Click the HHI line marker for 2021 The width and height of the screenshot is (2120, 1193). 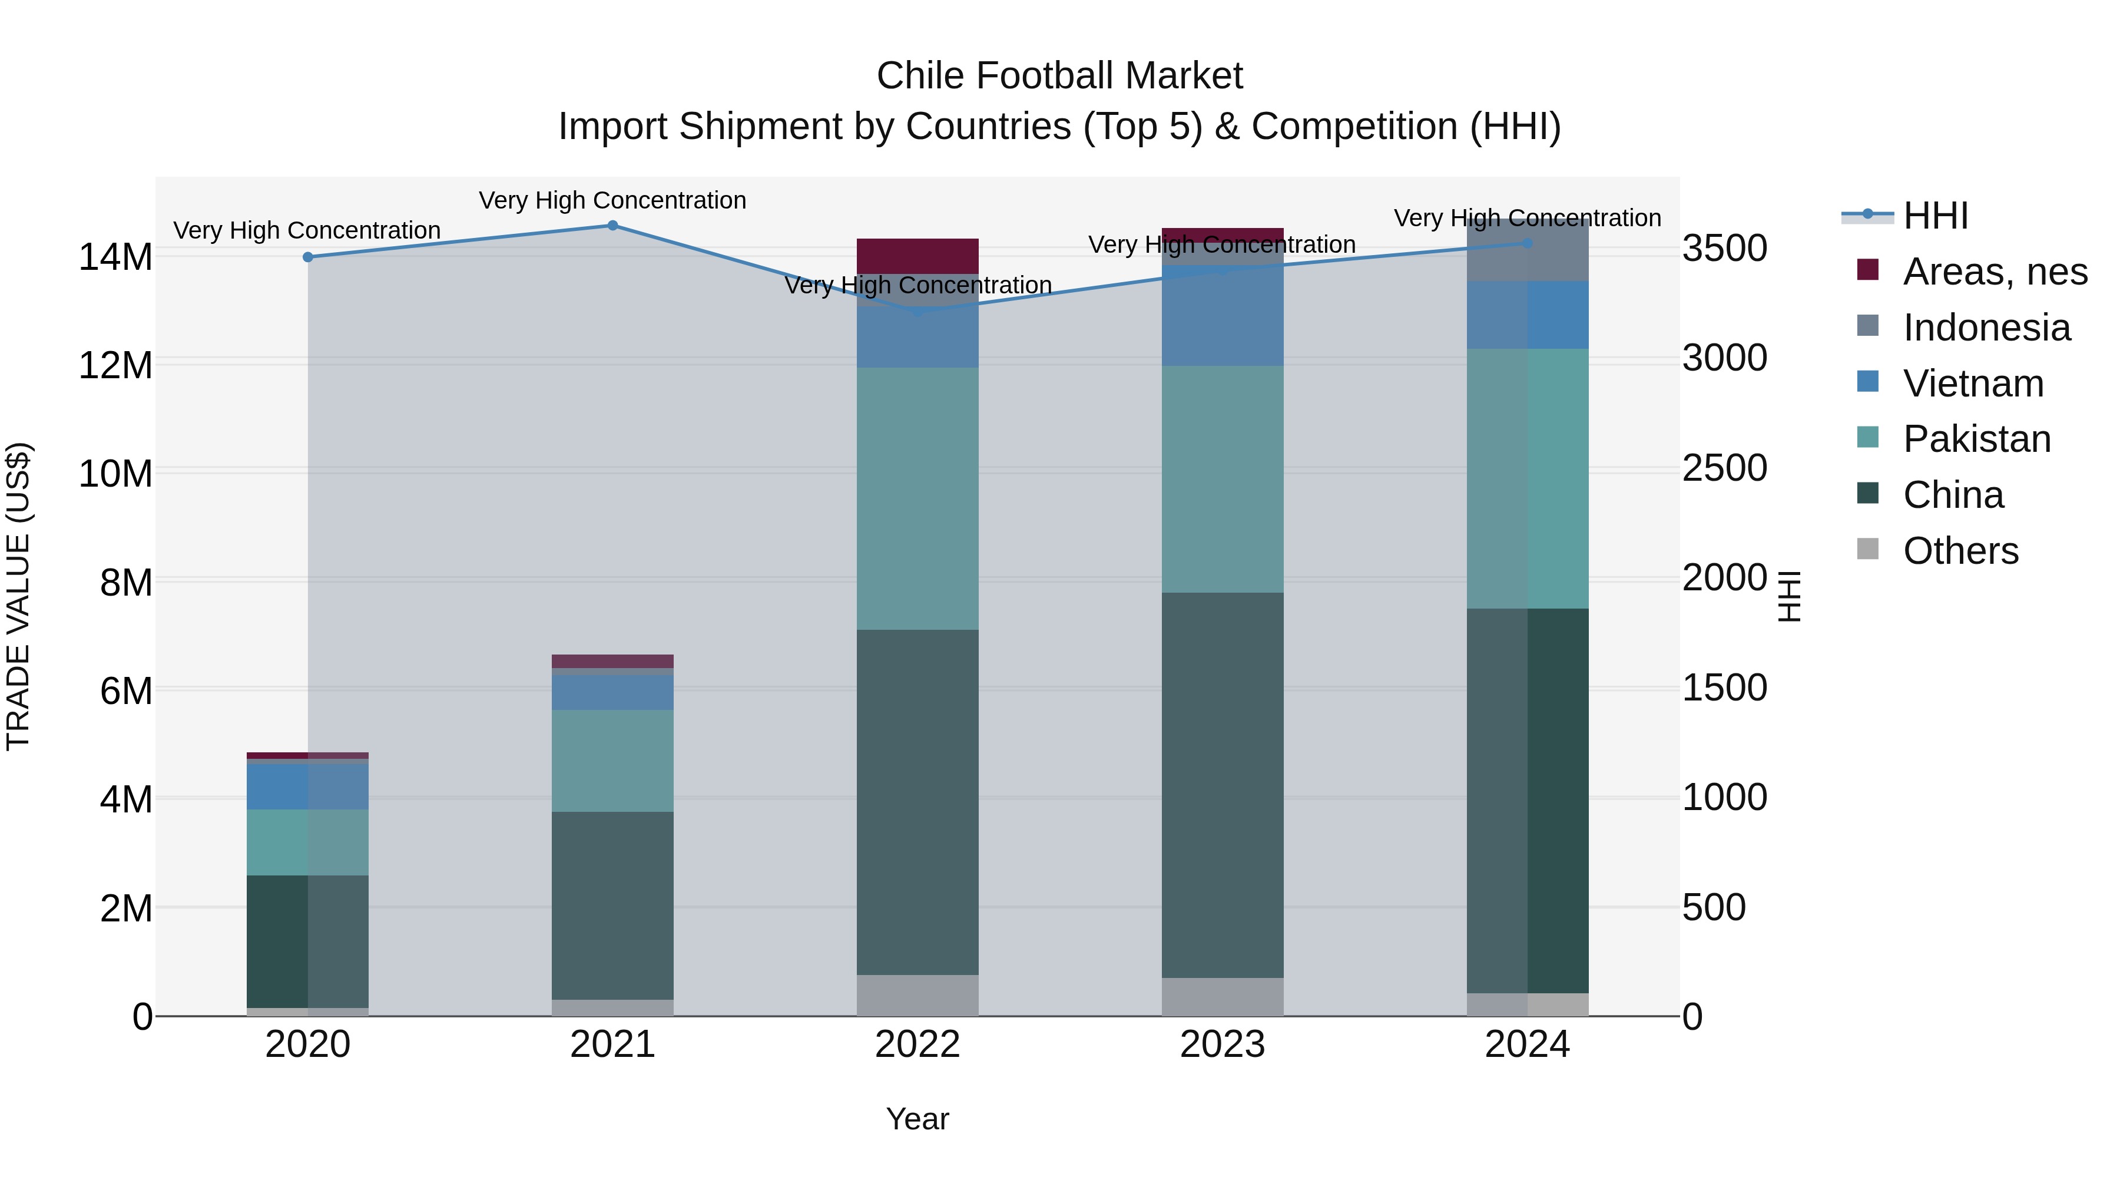pos(612,225)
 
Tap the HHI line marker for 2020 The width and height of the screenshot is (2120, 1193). pos(308,257)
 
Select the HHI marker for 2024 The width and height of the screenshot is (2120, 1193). pos(1528,243)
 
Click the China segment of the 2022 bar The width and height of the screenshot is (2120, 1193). pos(917,803)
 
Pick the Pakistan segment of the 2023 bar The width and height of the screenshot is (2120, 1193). pos(1222,479)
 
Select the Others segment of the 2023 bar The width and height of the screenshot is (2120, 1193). pos(1222,997)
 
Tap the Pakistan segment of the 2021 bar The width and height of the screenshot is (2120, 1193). pos(612,761)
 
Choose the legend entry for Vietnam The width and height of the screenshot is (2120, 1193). pos(1973,384)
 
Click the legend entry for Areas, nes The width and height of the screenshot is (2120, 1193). pos(1994,272)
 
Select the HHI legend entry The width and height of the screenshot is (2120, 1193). pos(1934,216)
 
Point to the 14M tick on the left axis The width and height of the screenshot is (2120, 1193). pos(115,257)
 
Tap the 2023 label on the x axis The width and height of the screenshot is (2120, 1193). pos(1222,1044)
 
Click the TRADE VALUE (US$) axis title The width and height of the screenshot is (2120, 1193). pos(19,596)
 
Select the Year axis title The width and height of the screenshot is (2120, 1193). pos(917,1119)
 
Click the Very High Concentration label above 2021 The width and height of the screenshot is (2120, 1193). pos(612,200)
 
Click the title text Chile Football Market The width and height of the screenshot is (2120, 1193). pos(1059,76)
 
